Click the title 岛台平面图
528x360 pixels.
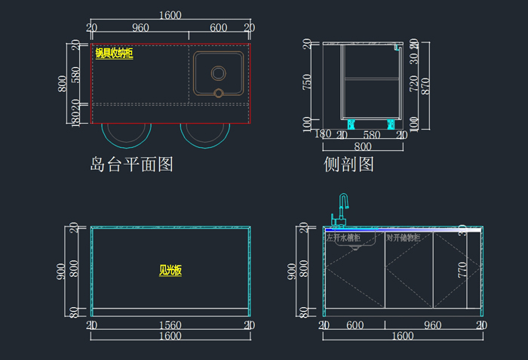131,164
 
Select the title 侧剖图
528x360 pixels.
348,164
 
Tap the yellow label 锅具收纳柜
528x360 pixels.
114,54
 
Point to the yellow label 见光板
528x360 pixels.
170,270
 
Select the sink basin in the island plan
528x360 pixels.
218,73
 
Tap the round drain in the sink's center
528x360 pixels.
218,73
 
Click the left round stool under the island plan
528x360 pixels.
125,133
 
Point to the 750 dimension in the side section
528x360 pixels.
307,82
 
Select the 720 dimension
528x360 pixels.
413,83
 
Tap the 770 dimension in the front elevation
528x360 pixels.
462,269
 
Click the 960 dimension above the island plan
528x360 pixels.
140,28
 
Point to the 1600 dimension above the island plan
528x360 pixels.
170,15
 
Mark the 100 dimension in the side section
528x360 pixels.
307,123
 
